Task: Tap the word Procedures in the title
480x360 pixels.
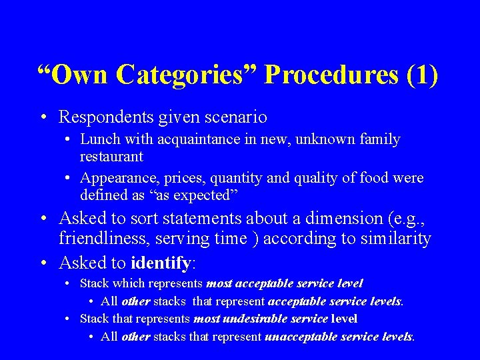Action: [331, 75]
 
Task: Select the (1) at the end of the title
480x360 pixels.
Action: [422, 75]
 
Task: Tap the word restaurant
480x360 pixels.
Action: [111, 157]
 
